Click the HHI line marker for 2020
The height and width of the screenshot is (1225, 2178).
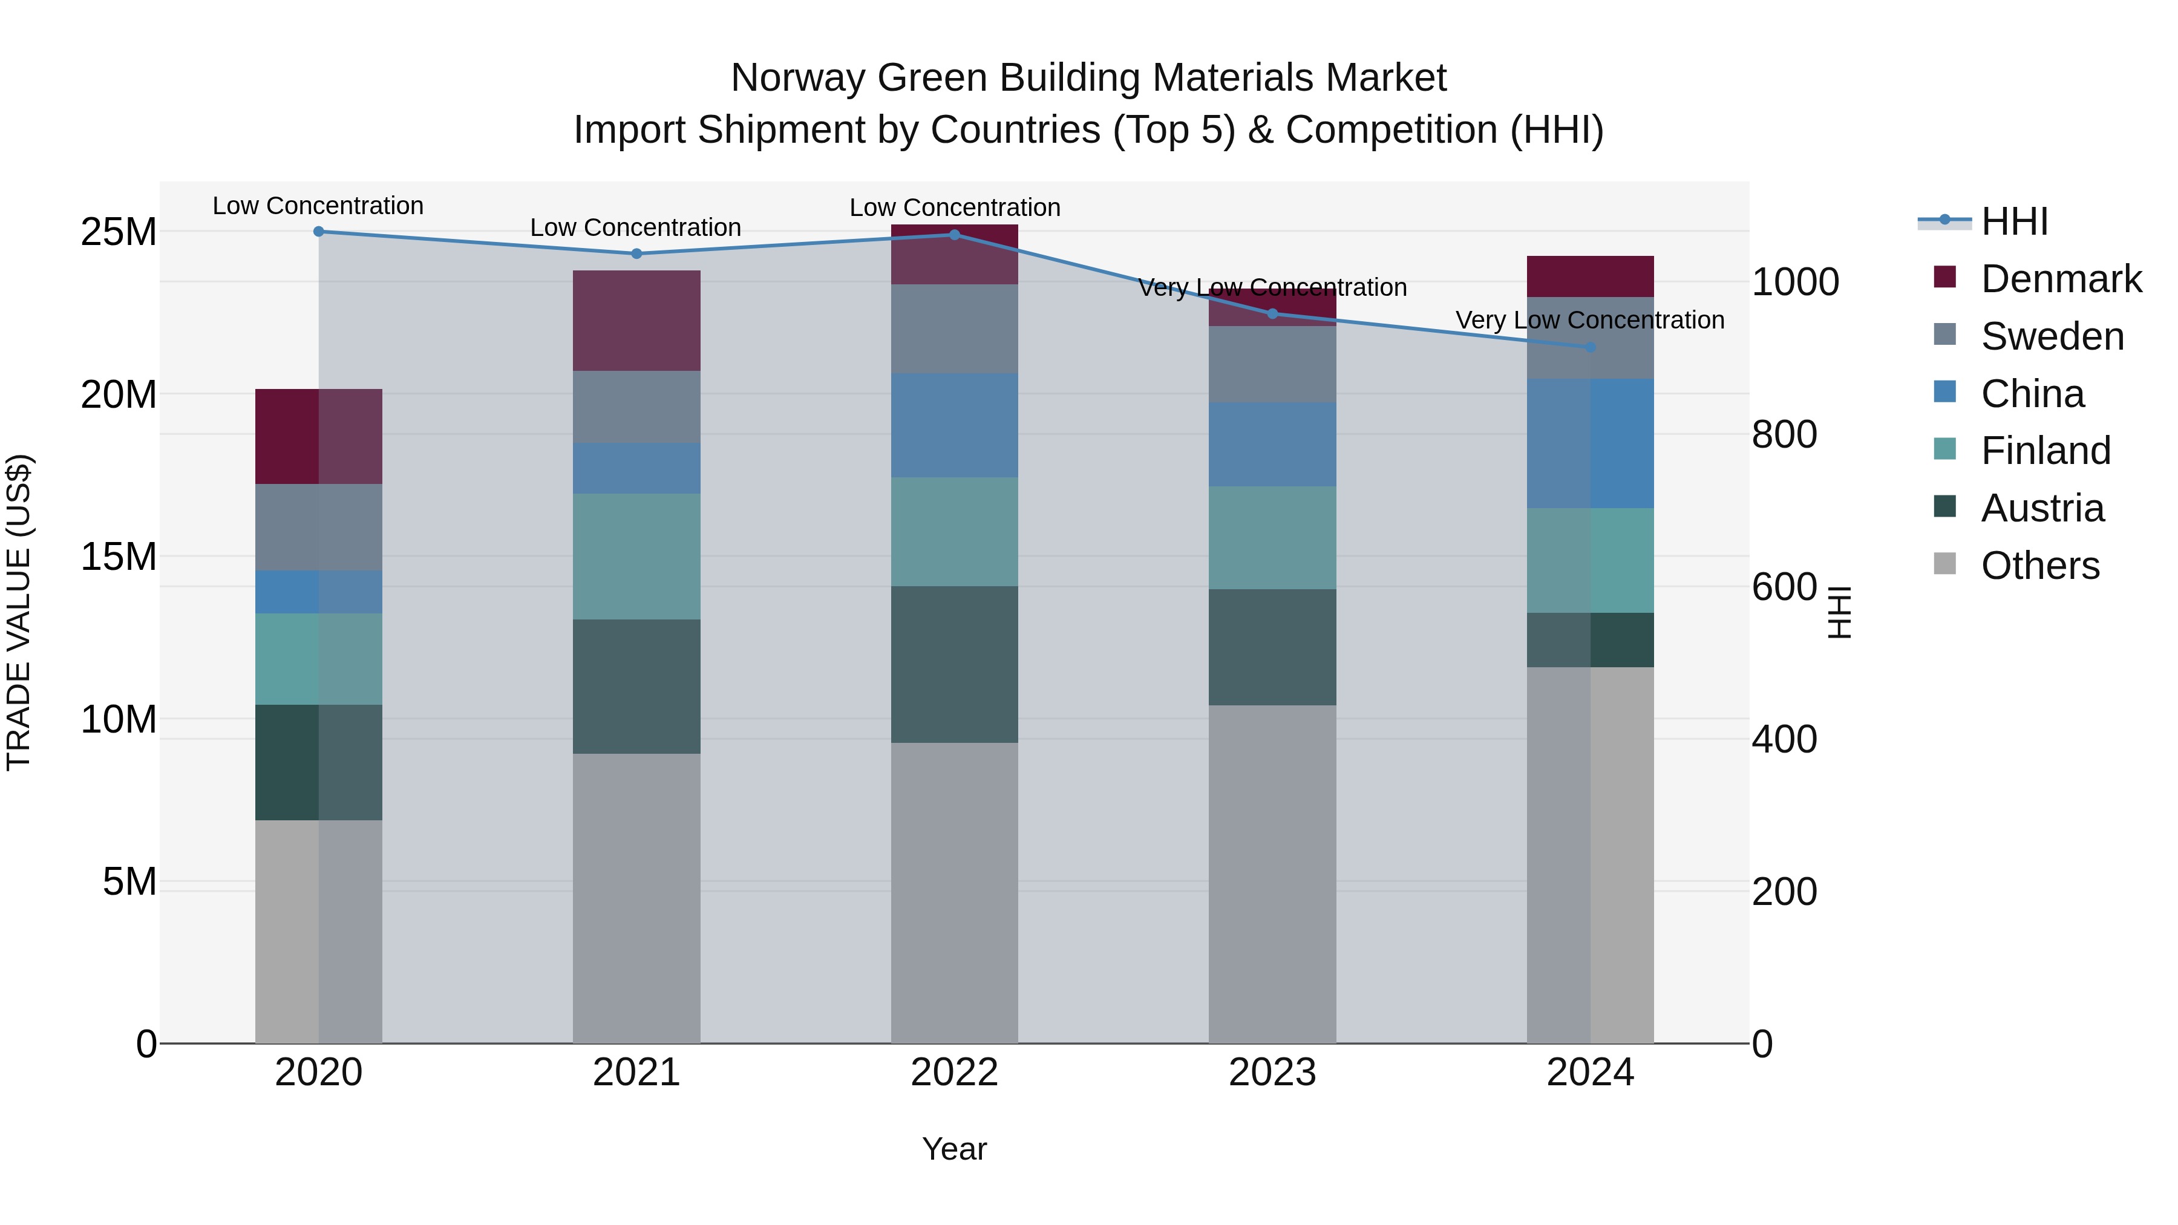(x=319, y=232)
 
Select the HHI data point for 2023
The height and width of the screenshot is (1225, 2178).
(x=1272, y=313)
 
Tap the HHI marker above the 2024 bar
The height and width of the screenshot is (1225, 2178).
(x=1591, y=347)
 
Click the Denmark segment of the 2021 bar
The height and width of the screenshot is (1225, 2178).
(x=636, y=321)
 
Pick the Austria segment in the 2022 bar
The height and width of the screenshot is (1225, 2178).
(x=955, y=664)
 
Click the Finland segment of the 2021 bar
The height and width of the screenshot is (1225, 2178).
(x=636, y=557)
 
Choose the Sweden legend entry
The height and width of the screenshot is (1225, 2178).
(x=2052, y=336)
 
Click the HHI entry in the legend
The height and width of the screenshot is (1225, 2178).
(x=2014, y=221)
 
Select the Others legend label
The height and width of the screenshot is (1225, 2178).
(x=2040, y=566)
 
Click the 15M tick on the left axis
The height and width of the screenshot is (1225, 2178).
(x=119, y=557)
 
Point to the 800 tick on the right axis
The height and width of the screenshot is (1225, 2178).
(x=1784, y=434)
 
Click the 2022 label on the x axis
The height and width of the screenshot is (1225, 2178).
(x=955, y=1073)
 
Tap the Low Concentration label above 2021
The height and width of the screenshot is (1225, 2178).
(x=636, y=227)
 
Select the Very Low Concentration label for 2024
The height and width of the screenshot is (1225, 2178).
(x=1589, y=321)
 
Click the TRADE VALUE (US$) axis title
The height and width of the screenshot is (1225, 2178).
(x=19, y=612)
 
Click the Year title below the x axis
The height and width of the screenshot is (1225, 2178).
(x=955, y=1149)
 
